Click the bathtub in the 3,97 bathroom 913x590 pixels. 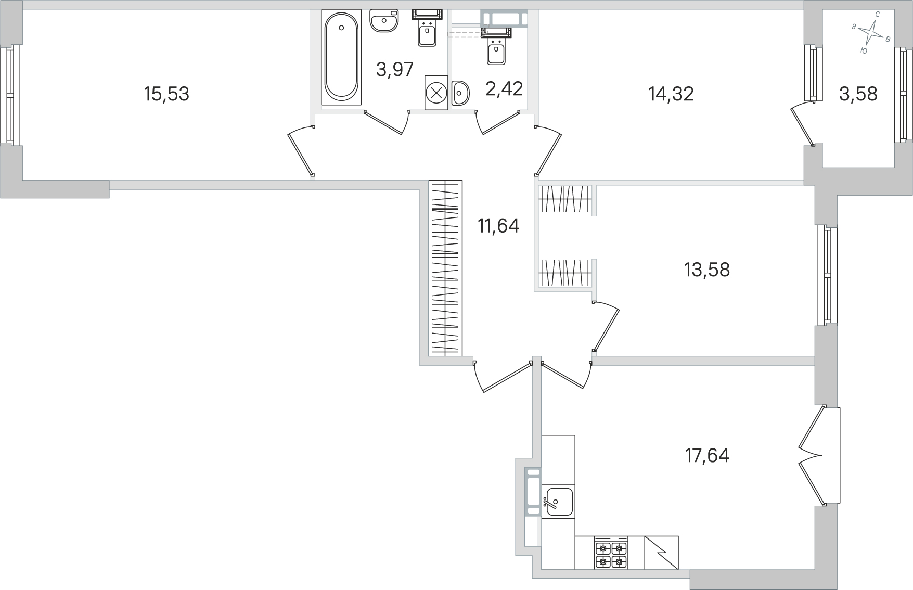click(x=341, y=57)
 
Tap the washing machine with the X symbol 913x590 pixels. click(x=436, y=93)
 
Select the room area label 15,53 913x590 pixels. click(x=166, y=94)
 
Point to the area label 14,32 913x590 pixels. click(x=671, y=94)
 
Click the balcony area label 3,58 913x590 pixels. click(x=858, y=94)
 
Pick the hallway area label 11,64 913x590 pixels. click(x=499, y=226)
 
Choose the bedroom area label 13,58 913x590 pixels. click(x=707, y=270)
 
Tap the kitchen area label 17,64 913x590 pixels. click(x=707, y=456)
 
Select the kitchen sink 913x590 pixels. click(x=558, y=501)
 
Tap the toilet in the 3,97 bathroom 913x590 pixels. click(x=427, y=29)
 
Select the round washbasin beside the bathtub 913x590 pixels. click(x=384, y=21)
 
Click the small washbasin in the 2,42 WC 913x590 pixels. click(x=460, y=93)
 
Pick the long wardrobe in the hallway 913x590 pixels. click(x=445, y=268)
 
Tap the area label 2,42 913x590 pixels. click(x=504, y=88)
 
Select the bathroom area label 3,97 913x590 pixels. click(x=395, y=69)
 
